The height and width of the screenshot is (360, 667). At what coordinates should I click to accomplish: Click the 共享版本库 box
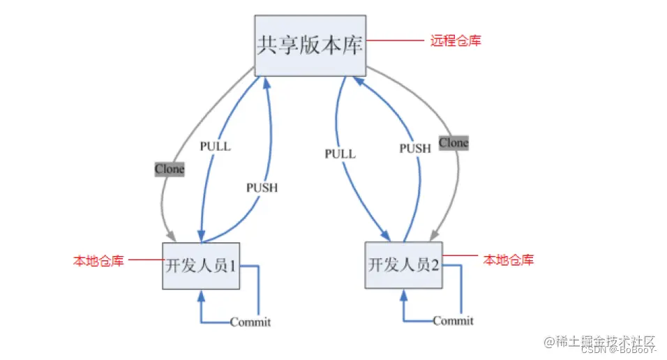click(x=310, y=45)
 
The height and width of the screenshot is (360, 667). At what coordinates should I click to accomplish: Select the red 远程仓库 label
click(x=455, y=41)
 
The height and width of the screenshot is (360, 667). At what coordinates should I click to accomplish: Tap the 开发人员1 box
click(x=201, y=266)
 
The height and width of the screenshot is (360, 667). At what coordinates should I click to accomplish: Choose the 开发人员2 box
click(x=404, y=265)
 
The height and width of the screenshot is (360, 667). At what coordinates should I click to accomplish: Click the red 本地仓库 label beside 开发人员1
click(x=98, y=261)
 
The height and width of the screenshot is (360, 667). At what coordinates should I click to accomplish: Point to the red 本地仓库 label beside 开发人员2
click(x=509, y=260)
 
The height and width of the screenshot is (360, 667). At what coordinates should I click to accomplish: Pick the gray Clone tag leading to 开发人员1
click(x=170, y=169)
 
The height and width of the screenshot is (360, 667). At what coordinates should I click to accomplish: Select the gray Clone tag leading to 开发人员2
click(x=454, y=143)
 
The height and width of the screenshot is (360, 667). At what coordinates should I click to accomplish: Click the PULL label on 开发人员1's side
click(x=215, y=147)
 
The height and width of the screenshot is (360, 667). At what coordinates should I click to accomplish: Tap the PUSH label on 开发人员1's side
click(x=262, y=188)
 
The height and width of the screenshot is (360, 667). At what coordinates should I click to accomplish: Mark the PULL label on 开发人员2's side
click(x=340, y=153)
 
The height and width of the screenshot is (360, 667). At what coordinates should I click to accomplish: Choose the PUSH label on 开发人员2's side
click(x=415, y=149)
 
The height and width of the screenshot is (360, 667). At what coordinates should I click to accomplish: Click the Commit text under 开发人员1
click(x=250, y=322)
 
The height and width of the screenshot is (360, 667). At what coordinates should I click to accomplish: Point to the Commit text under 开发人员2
click(x=453, y=321)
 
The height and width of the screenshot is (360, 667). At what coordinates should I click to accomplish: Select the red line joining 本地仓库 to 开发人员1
click(x=144, y=261)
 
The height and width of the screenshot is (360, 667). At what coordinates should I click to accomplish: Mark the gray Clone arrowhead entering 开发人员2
click(x=435, y=234)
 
